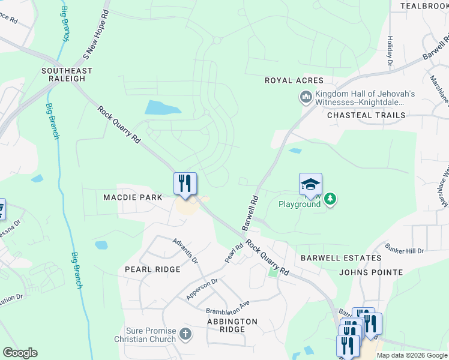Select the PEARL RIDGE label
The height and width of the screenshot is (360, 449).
point(152,269)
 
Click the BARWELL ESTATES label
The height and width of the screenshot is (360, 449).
point(340,258)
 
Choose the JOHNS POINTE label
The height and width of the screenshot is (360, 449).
point(371,272)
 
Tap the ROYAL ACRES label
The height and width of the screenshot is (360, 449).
point(294,80)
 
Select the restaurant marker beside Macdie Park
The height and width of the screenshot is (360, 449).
point(185,183)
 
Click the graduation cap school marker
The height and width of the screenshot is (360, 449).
point(310,184)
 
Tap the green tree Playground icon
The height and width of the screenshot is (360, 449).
point(329,199)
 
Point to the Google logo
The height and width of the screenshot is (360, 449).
point(20,353)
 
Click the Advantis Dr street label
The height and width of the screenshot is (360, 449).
point(185,250)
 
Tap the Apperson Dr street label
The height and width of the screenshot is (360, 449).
point(202,289)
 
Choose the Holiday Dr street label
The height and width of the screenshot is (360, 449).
point(390,50)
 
